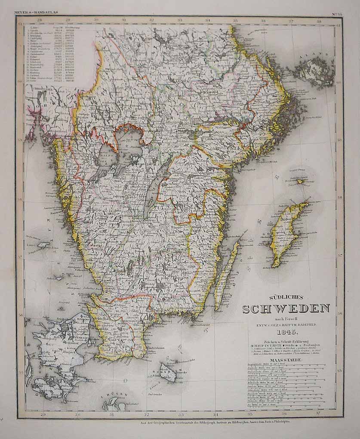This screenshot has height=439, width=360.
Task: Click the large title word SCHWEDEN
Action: coord(286,309)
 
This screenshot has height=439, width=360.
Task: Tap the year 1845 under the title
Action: coord(286,332)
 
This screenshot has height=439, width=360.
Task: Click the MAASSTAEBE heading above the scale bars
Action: coord(286,360)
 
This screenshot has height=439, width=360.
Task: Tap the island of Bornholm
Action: coord(167,371)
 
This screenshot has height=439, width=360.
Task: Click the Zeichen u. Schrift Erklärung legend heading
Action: coord(286,340)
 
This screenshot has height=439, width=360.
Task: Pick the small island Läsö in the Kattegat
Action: coord(43,245)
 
